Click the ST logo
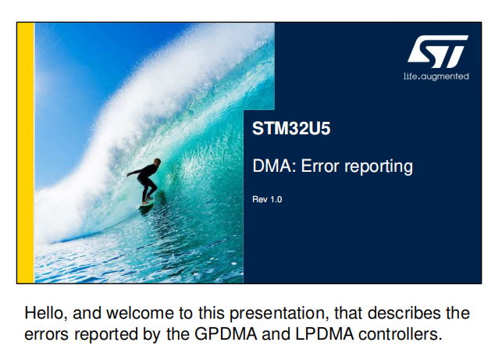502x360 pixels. (438, 52)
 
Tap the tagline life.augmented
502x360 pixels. (436, 77)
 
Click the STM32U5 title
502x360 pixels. (291, 128)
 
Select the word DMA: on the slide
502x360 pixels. (274, 166)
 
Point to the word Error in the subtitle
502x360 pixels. (320, 166)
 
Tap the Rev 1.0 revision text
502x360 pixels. (267, 199)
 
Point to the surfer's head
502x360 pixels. (157, 162)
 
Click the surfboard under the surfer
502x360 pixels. (147, 205)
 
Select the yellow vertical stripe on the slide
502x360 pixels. (26, 153)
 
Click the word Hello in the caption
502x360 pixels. (46, 313)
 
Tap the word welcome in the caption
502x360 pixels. (123, 313)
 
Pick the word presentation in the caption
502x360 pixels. (279, 314)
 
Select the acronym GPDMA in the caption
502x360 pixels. (226, 334)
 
